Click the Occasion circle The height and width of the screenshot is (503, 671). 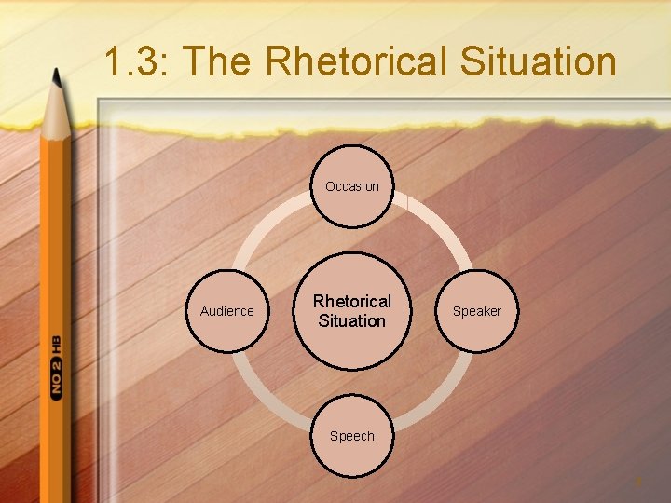pos(352,186)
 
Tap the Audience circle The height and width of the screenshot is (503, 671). pos(227,311)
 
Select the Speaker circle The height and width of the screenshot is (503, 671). pos(476,311)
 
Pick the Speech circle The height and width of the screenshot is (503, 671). pos(352,436)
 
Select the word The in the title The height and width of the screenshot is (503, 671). pos(222,62)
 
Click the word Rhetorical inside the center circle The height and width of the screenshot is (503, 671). pos(352,302)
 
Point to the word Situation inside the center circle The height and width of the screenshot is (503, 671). pos(352,321)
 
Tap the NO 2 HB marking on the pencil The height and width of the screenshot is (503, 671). pos(56,367)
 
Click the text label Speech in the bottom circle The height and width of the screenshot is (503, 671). pos(352,436)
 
